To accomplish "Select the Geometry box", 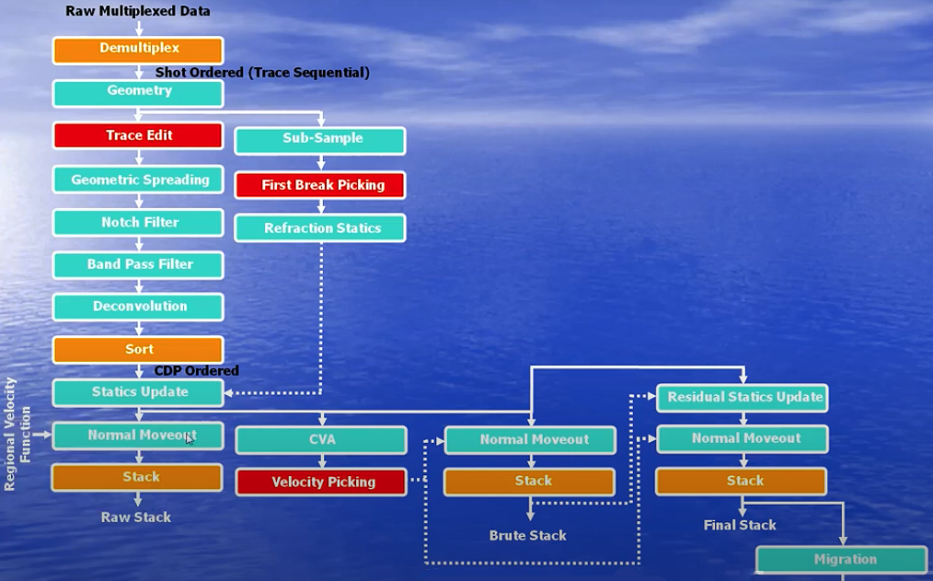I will (x=138, y=92).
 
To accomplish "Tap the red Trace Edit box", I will (x=138, y=135).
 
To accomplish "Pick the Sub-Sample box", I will (x=320, y=140).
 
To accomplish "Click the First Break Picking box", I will (x=320, y=185).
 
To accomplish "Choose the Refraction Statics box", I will (x=320, y=228).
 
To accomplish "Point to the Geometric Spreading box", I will (x=138, y=180).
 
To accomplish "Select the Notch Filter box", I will (x=138, y=223).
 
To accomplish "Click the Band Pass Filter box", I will (x=138, y=264).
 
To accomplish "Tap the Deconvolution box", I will (x=138, y=307).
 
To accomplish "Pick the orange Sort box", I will (x=138, y=350).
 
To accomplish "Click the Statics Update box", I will (x=138, y=392).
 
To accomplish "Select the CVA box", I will (x=321, y=440).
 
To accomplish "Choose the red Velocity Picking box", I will (x=321, y=482).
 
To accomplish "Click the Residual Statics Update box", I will (x=743, y=398).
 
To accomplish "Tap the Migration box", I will (x=843, y=560).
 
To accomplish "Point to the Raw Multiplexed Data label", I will (x=138, y=12).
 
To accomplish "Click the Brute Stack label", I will (x=527, y=536).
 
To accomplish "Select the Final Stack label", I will (x=740, y=526).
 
